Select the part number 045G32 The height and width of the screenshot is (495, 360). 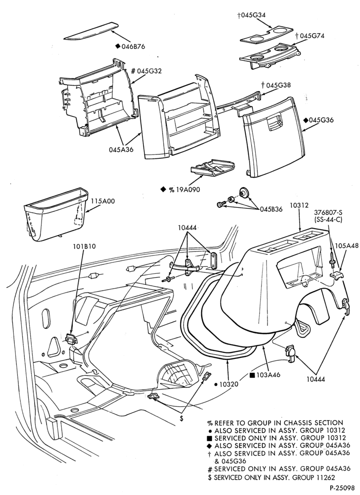pos(149,71)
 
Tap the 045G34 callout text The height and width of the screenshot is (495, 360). pos(251,14)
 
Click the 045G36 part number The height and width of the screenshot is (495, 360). pos(321,120)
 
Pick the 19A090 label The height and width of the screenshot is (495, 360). pos(188,190)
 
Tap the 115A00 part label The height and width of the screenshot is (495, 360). pos(103,201)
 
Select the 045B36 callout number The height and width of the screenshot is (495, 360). pos(271,209)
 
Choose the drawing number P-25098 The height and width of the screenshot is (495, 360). pos(343,488)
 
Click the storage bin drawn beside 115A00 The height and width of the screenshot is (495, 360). pos(55,215)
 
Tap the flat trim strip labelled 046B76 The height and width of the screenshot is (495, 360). pos(91,31)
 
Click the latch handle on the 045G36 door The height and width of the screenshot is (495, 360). pos(273,122)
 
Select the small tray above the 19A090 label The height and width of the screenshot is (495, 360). pos(213,168)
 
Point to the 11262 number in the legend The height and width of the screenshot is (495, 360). pos(325,478)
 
